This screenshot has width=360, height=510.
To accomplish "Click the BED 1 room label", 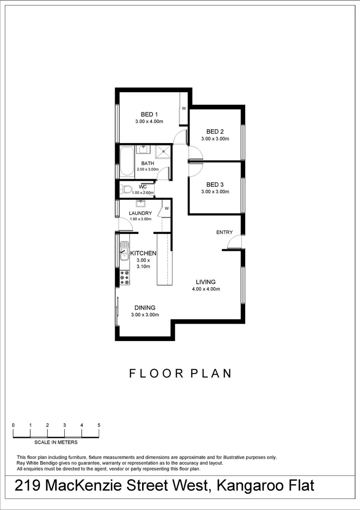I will tap(149, 114).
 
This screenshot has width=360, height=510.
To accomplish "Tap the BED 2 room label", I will tap(215, 132).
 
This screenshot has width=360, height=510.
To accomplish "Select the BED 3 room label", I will tap(215, 184).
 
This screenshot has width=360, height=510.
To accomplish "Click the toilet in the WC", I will tap(126, 189).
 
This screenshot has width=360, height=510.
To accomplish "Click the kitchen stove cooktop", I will tap(125, 278).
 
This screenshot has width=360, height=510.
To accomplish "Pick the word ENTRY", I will tap(224, 232).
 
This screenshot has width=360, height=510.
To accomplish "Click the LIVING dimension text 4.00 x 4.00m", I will tap(205, 289).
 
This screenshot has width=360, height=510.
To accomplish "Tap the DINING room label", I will tap(144, 308).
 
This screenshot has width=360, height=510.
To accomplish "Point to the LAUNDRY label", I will tap(141, 213).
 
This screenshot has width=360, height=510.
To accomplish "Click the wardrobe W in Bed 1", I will tap(183, 109).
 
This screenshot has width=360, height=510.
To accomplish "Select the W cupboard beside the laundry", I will tap(167, 208).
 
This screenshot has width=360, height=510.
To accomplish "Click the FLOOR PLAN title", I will tap(180, 373).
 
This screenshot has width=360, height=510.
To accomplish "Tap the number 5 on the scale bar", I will tap(99, 425).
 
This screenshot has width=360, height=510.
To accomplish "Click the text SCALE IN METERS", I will tap(56, 442).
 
